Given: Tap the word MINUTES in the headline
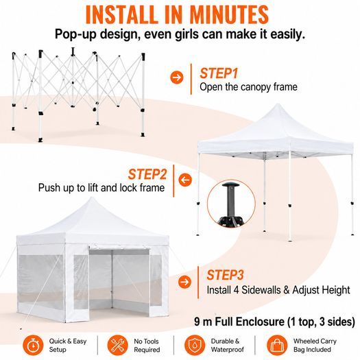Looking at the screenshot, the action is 229,14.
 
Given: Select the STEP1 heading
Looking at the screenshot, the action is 219,73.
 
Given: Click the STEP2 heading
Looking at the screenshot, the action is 147,174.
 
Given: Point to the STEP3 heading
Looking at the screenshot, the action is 225,275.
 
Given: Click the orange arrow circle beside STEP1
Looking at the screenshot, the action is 177,77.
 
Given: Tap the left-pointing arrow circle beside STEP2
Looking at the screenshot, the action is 185,180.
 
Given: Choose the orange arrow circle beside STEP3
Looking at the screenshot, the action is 184,281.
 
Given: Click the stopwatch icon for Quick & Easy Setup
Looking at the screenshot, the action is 33,345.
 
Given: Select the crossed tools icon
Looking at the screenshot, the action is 118,345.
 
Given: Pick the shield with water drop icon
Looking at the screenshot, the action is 195,345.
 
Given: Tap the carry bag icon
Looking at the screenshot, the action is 277,345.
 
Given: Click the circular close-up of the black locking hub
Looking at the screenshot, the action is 232,204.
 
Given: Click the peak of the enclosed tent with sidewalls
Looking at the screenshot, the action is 92,197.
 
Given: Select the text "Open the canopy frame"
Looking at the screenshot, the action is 248,87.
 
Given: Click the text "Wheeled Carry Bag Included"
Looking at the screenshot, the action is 315,346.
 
